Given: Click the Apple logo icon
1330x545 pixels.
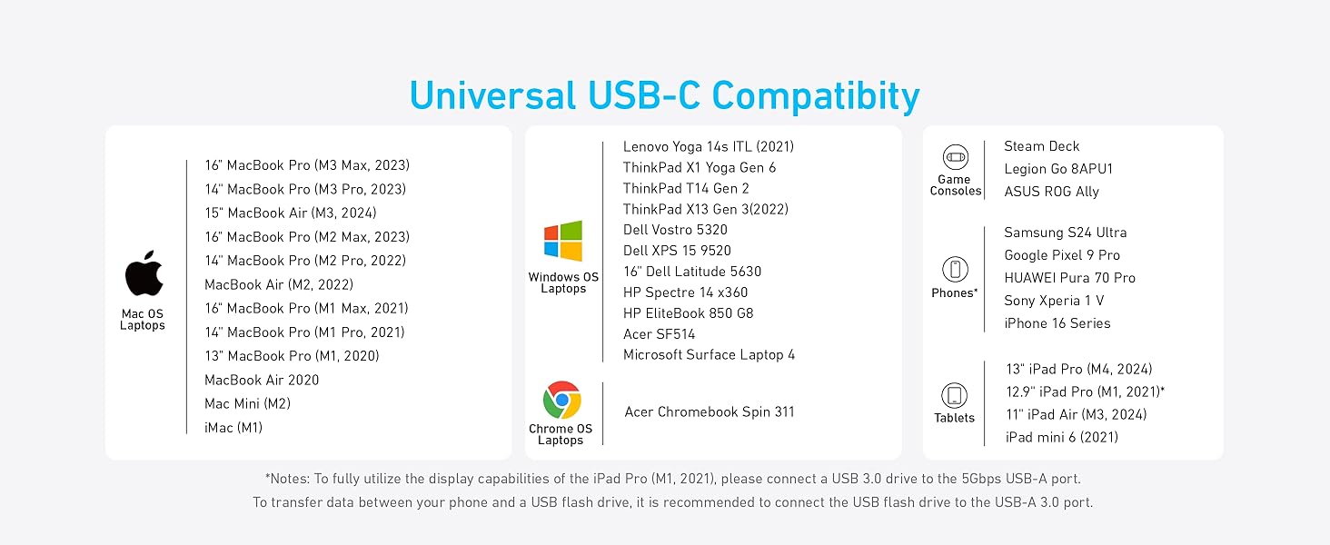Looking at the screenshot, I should point(144,273).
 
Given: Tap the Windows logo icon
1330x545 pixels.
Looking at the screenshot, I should point(563,242).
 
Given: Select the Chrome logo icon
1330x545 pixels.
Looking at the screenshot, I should point(561,400).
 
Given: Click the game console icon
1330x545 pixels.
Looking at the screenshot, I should point(955,156).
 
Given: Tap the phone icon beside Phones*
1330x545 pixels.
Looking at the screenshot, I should point(955,269).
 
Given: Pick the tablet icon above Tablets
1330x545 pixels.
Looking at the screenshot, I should point(954,395).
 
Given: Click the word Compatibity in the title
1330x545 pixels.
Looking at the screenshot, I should point(815,95).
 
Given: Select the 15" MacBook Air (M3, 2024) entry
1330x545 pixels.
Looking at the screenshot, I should point(290,213).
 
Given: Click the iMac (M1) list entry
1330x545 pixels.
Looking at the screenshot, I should point(233,427).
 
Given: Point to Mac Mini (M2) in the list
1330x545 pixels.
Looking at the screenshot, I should point(247,403).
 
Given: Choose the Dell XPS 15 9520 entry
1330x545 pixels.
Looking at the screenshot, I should point(677,251).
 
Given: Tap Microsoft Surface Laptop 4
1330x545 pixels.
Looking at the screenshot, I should point(709,355).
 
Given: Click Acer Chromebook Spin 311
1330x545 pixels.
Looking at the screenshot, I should point(709,412).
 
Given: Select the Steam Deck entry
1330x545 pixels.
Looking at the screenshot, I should point(1041,146).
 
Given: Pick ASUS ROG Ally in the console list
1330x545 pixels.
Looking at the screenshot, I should point(1051,192).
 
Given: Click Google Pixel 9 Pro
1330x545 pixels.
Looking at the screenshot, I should point(1061,255).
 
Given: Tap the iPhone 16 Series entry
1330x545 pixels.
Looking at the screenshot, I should point(1057,323).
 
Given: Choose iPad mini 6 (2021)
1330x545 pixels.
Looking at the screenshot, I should point(1061,437).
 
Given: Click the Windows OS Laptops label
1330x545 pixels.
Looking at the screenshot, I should point(563,282).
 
